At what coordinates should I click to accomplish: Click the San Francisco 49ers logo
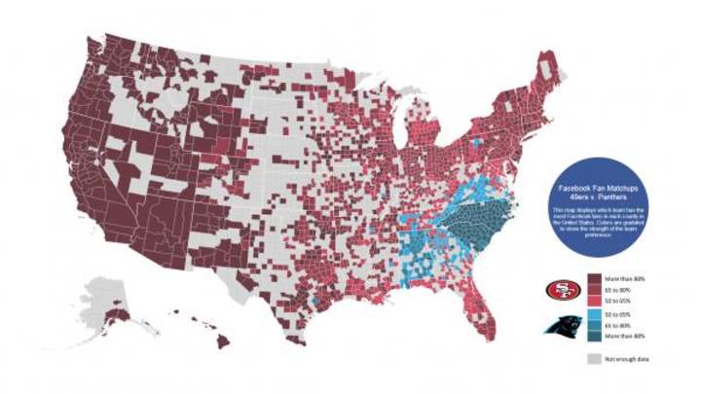559,290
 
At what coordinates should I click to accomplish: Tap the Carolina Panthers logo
559,325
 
